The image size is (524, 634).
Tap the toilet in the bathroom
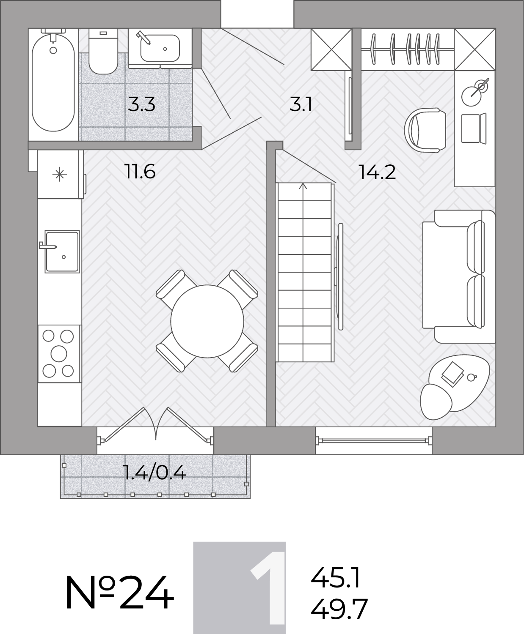coord(103,51)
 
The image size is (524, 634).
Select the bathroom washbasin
coord(160,48)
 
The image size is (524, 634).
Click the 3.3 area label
coord(141,104)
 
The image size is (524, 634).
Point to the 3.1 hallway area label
coord(301,104)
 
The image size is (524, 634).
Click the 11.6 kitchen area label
coord(140,171)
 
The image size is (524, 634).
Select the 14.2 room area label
coord(377,172)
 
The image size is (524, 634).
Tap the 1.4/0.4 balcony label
coord(155,473)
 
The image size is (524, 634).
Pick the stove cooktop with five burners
coord(59,354)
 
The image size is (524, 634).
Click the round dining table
coord(207,321)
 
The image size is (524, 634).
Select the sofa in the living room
coord(459,276)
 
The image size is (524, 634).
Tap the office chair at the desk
coord(425,130)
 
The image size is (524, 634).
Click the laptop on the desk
coord(474,128)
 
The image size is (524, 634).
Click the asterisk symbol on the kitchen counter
coord(60,174)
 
